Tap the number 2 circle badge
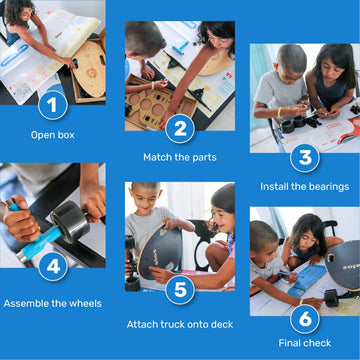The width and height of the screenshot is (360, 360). pos(179,127)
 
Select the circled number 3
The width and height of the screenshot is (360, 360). pos(304,157)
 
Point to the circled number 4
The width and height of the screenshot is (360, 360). pos(53,267)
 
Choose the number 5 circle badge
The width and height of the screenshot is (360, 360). pos(179,290)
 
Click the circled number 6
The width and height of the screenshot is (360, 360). pos(304,319)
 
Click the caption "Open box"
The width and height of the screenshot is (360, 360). pos(52,133)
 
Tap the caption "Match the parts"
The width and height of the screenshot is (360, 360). pos(179,157)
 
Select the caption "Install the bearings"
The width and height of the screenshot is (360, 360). pos(304,186)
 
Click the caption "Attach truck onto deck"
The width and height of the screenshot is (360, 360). pos(179,324)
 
